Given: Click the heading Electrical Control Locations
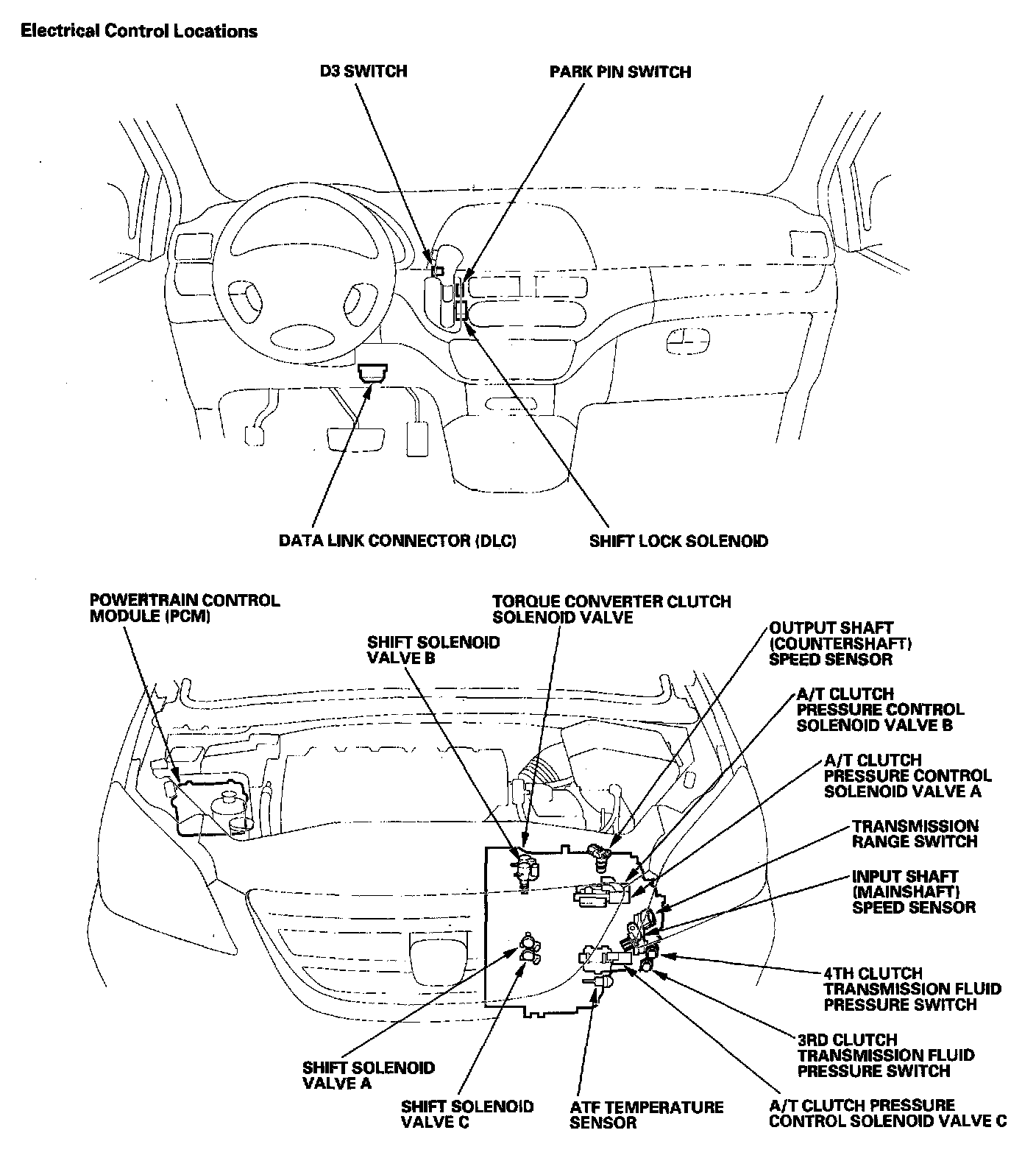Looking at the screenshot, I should click(139, 31).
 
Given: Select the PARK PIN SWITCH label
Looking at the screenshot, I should click(620, 71).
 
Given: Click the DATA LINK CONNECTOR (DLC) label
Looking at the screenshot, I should click(397, 540).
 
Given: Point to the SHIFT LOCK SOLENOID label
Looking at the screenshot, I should click(678, 541).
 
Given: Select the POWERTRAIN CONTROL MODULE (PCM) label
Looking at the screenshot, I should click(185, 608).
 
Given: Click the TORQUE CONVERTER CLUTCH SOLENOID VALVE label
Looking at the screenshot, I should click(611, 610).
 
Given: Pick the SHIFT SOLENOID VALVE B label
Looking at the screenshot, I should click(433, 650).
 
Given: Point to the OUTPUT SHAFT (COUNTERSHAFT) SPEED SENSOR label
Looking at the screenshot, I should click(841, 643).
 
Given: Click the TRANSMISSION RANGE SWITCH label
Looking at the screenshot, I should click(915, 833).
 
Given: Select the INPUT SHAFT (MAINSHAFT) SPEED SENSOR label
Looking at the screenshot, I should click(914, 892).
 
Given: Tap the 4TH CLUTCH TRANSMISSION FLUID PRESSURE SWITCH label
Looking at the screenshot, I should click(912, 989).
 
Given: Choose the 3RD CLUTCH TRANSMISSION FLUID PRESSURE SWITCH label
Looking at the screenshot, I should click(886, 1055).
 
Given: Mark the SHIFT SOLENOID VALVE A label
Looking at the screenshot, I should click(369, 1076).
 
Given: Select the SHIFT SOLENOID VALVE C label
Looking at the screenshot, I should click(467, 1115).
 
